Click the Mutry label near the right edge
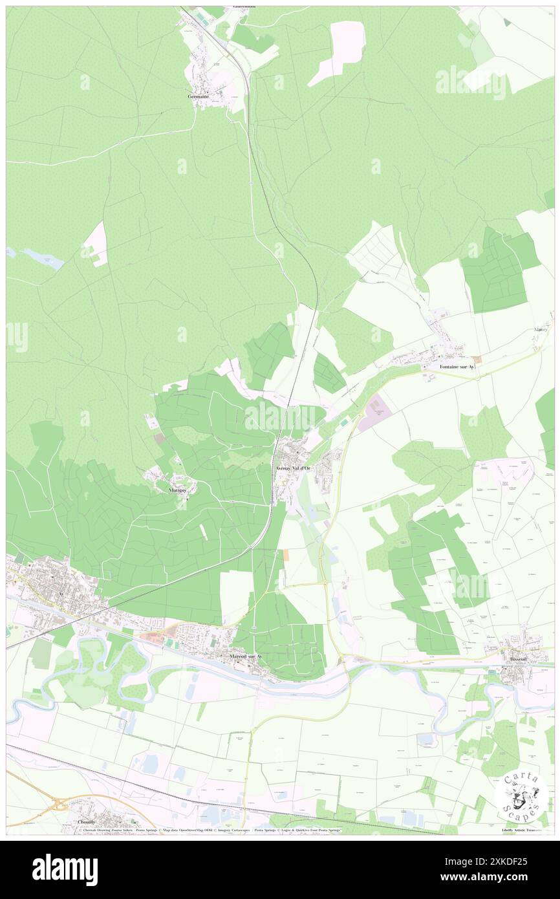click(541, 329)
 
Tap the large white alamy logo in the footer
click(65, 869)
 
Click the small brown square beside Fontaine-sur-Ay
click(477, 359)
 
